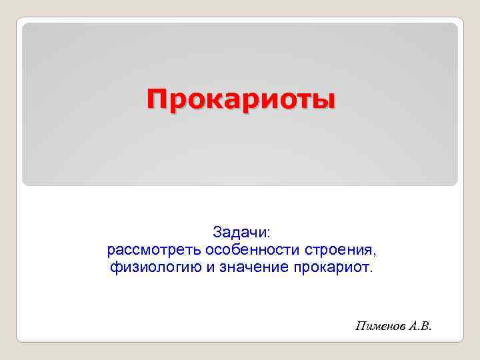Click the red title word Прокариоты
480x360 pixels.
pos(242,100)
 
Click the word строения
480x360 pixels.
pos(340,251)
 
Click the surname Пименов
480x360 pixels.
pos(380,326)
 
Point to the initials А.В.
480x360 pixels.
pos(420,326)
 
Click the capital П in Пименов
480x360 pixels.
pos(361,326)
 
